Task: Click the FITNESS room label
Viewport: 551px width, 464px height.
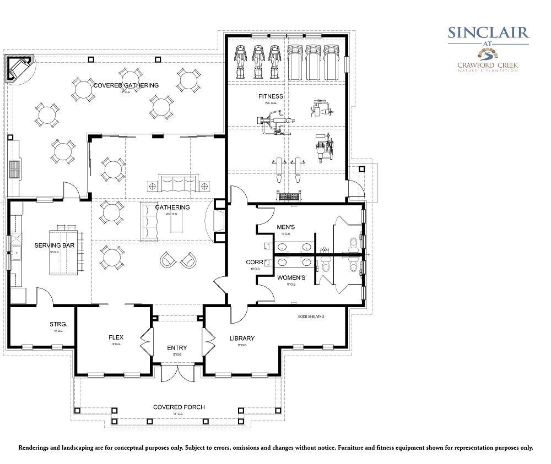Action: pos(271,96)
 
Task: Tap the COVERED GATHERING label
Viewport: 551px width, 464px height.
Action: pos(126,85)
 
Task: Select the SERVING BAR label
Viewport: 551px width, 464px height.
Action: pos(55,245)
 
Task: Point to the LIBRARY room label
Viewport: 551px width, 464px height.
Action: pos(242,338)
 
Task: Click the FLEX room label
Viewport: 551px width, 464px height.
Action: pos(116,338)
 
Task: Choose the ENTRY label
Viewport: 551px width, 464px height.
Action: pos(177,348)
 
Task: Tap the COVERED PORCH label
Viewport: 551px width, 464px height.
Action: pos(179,407)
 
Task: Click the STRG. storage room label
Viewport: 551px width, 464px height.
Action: pos(58,324)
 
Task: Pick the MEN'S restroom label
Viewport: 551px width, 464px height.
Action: pos(285,227)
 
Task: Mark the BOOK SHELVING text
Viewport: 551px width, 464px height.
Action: pos(311,316)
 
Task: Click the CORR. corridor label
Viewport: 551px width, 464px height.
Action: pos(253,263)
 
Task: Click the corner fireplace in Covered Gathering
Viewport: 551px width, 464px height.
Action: pos(18,68)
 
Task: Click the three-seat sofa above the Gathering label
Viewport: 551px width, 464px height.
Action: pos(177,183)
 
